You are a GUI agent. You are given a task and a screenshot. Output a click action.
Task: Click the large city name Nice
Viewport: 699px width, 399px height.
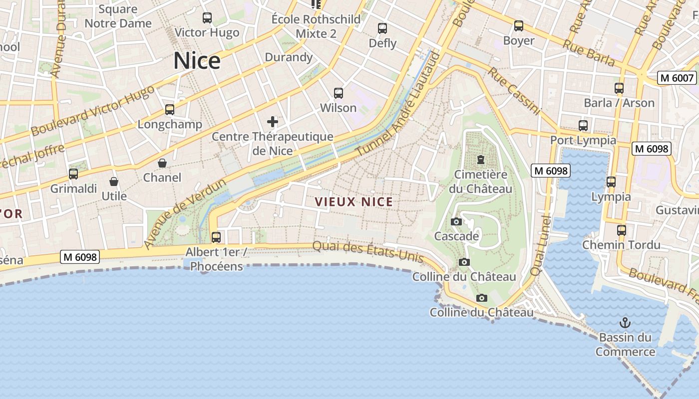[197, 61]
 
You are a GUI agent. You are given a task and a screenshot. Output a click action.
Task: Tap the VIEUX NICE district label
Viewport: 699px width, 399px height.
[353, 202]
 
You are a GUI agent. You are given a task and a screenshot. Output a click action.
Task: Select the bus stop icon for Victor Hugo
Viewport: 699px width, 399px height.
[207, 18]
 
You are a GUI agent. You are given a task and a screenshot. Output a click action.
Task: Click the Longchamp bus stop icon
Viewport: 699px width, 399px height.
[170, 110]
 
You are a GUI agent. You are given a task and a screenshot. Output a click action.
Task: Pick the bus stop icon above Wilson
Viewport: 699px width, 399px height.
[339, 93]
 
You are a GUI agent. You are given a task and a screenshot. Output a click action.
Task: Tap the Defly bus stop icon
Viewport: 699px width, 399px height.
[382, 28]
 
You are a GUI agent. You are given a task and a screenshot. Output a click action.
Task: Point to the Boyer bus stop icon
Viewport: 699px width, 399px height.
[519, 26]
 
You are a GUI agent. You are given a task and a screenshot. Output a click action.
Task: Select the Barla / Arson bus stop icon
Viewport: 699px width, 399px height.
[619, 88]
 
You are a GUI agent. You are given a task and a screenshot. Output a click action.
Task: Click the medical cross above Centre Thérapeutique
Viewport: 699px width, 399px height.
[273, 121]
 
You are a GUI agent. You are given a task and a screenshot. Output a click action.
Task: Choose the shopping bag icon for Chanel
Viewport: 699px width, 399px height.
[162, 163]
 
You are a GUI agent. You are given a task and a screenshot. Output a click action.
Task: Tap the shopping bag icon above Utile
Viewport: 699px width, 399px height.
[114, 182]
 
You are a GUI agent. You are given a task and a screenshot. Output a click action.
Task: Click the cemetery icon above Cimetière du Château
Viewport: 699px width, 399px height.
[480, 160]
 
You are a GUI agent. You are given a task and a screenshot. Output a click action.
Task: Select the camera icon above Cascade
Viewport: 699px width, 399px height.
[456, 221]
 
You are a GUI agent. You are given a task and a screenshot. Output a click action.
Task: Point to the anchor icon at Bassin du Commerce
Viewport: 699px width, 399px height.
[625, 323]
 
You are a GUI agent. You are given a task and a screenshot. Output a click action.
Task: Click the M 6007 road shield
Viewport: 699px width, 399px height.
[677, 78]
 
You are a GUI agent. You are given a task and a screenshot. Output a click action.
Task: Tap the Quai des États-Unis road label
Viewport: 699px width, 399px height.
[368, 252]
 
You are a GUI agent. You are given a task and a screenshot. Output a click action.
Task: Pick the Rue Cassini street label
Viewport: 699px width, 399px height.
[514, 91]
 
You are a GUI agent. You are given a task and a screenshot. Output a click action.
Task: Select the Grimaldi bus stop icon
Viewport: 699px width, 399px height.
[73, 174]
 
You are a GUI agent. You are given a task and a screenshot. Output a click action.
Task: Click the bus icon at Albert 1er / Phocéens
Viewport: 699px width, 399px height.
[216, 237]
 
